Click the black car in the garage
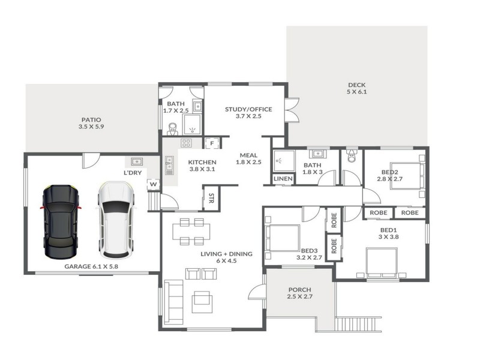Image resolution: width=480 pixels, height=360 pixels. coord(61,222)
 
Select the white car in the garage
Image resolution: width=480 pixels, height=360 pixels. coord(116,220)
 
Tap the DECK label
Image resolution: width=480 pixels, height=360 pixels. coord(356,85)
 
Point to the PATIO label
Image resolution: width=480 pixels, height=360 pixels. coord(91,119)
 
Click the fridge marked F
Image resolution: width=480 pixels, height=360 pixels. coord(212,143)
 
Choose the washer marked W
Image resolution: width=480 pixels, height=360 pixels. coord(154,184)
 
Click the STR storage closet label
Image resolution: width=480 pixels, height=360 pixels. coord(211,198)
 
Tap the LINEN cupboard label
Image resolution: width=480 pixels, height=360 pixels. coord(283,178)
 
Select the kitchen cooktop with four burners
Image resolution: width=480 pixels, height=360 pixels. coord(186,143)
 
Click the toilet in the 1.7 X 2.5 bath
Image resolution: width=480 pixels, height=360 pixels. coord(173,129)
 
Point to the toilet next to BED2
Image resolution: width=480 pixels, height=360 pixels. coord(352,156)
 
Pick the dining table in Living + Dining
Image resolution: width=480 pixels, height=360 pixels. coord(191,232)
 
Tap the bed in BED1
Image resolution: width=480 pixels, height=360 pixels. coord(382,263)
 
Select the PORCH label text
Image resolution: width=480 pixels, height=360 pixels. coord(299,289)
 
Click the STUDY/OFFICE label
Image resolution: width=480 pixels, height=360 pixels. coord(248,109)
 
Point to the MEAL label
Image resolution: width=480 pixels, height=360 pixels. coord(248,155)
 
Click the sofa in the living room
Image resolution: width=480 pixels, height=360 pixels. coord(173,299)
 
